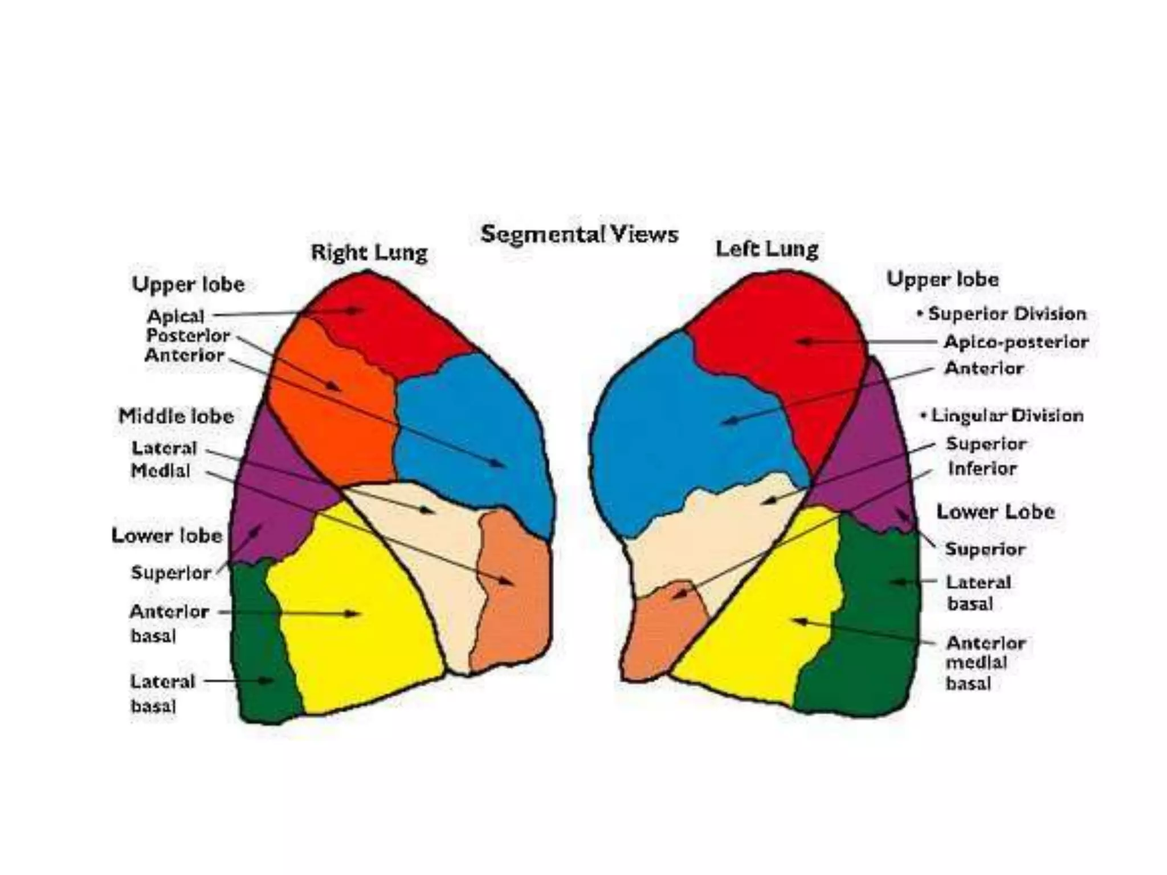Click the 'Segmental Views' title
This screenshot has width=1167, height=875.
click(x=579, y=234)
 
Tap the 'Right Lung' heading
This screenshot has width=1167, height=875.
click(x=369, y=252)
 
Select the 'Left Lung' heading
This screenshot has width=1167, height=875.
click(x=766, y=248)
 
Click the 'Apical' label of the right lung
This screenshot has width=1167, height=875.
click(x=176, y=316)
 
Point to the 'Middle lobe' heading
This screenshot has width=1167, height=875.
click(x=176, y=416)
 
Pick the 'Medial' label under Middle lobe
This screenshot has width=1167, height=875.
click(x=161, y=471)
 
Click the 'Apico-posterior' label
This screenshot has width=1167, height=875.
click(x=1015, y=342)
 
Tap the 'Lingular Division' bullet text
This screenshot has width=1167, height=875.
click(x=1006, y=415)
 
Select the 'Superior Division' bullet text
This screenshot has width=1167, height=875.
click(x=1006, y=313)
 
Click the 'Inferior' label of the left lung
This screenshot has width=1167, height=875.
click(x=982, y=468)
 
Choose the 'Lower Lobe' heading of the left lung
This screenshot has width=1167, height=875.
click(x=995, y=512)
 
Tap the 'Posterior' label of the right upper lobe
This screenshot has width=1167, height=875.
click(x=187, y=336)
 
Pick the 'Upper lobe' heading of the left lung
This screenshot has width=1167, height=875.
click(x=942, y=279)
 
